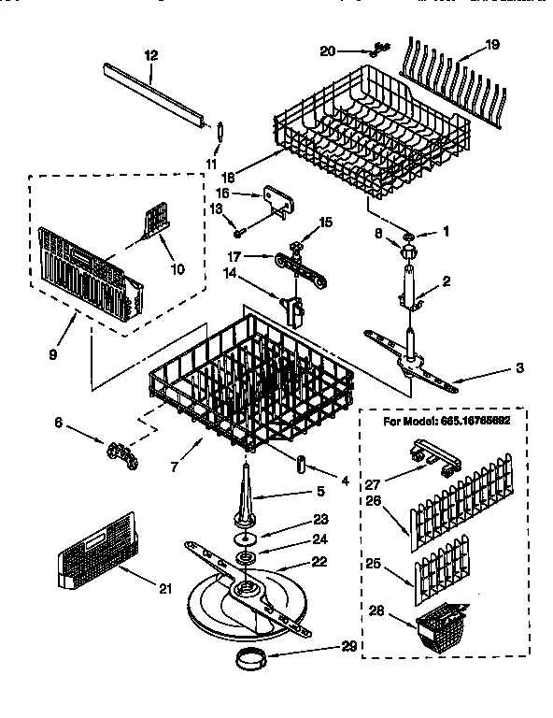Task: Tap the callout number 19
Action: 493,44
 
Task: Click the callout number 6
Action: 60,423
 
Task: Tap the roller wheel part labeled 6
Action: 119,454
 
